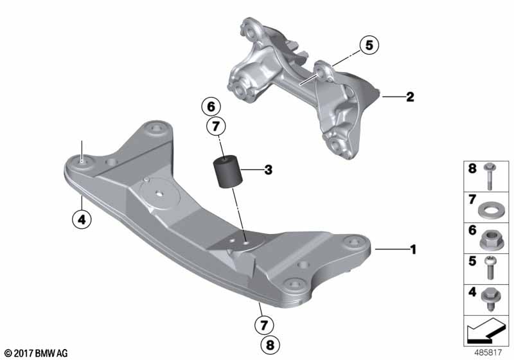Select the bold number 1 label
click(x=414, y=248)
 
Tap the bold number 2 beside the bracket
click(x=409, y=98)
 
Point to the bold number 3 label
click(x=269, y=170)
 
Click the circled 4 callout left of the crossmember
click(x=81, y=219)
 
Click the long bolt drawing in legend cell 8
click(x=491, y=175)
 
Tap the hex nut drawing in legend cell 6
click(x=491, y=239)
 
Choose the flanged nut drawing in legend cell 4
click(x=491, y=301)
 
